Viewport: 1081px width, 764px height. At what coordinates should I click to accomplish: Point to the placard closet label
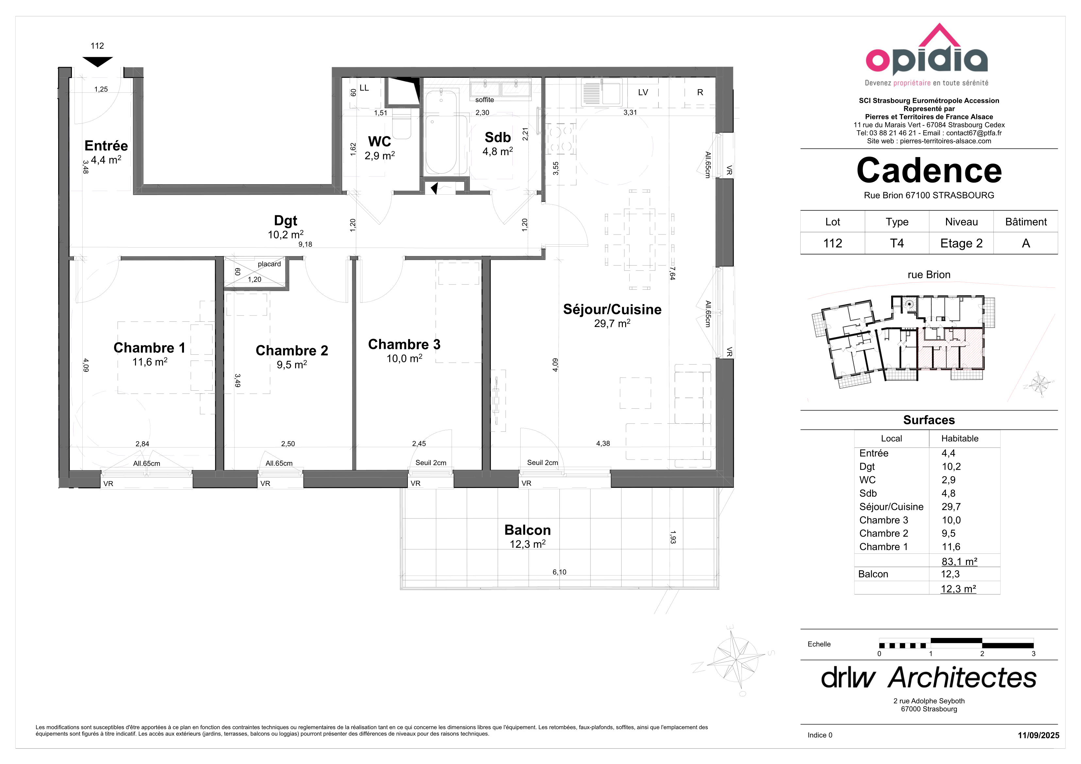point(269,264)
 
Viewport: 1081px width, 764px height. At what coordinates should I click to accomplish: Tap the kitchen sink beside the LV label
point(601,91)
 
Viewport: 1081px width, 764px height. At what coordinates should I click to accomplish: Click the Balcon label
point(527,530)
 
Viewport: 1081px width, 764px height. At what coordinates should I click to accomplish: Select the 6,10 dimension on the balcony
point(559,572)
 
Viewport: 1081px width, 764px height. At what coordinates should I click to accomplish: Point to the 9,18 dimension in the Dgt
point(305,244)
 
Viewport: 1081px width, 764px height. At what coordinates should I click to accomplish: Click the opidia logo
point(926,55)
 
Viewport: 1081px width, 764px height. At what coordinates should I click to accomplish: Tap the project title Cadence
point(929,171)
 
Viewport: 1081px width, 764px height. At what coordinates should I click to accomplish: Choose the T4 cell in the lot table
point(897,243)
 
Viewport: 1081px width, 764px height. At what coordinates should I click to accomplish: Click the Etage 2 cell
point(961,243)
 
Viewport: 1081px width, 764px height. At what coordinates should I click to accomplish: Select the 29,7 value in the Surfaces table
point(951,507)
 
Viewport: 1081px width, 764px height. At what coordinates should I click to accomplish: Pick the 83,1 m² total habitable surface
point(959,561)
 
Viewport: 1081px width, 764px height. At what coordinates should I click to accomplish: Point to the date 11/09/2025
point(1039,735)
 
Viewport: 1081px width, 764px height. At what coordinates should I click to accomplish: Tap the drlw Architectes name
point(929,678)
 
